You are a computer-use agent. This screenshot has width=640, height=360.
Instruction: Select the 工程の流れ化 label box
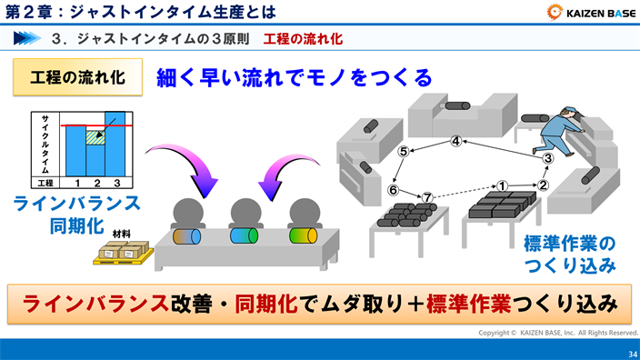point(77,76)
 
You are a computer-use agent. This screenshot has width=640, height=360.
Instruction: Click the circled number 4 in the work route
point(456,141)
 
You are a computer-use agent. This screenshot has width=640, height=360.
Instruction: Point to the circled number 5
point(403,152)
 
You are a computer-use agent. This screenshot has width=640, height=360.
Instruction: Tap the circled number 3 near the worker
point(548,158)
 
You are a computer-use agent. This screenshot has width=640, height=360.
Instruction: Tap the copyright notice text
point(558,333)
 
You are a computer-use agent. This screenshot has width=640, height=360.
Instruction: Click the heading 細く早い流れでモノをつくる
point(295,77)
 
